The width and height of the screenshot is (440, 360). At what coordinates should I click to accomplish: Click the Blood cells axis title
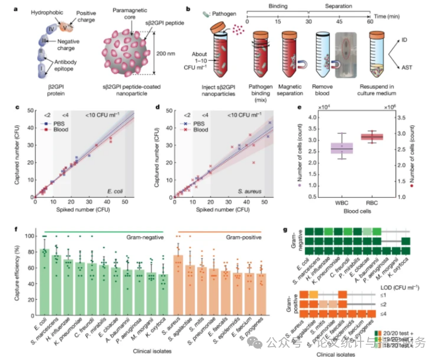(350, 212)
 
